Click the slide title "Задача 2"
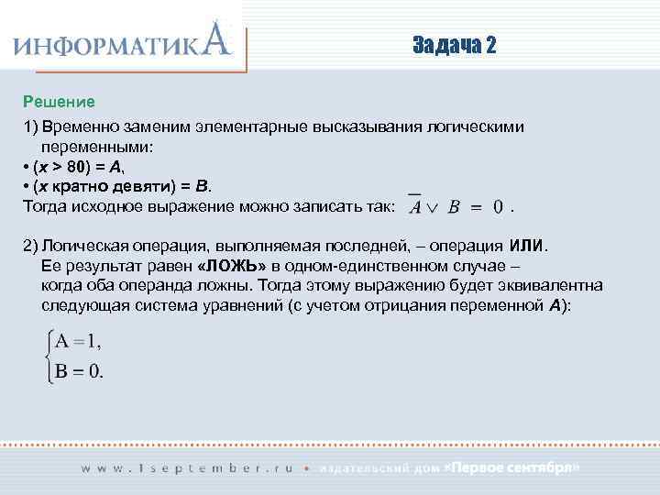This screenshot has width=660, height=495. tap(454, 46)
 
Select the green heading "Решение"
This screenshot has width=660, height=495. tap(59, 100)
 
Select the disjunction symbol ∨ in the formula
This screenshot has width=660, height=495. tap(433, 207)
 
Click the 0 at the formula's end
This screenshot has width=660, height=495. tap(498, 207)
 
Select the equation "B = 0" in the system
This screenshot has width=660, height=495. tap(80, 371)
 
